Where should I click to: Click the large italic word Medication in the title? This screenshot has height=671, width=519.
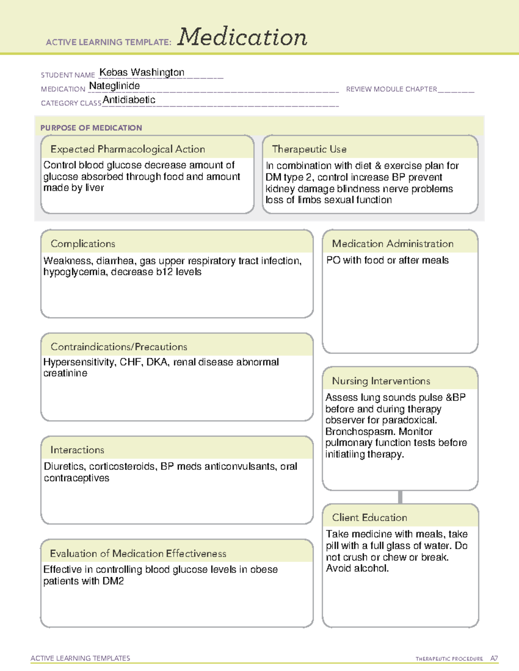coord(242,37)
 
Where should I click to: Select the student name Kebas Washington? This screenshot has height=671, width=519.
coord(142,72)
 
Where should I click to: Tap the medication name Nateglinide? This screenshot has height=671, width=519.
coord(114,86)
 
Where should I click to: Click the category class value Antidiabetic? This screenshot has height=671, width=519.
coord(129,100)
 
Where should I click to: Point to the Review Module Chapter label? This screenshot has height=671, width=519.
coord(391,89)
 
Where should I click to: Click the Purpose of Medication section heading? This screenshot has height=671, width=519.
coord(91,128)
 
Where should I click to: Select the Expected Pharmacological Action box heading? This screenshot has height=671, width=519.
coord(128,149)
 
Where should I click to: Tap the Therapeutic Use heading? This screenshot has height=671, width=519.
coord(309,149)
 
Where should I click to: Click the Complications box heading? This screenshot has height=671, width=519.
coord(83,244)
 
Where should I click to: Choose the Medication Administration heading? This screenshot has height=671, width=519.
coord(393,244)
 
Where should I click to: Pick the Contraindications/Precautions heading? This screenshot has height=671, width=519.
coord(119,347)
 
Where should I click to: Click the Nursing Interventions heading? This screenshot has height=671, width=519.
coord(381,381)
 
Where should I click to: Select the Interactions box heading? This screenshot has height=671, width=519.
coord(77,450)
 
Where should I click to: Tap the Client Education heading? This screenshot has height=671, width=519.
coord(369,517)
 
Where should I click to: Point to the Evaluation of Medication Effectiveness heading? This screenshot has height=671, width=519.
coord(138,553)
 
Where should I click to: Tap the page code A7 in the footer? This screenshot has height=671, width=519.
coord(493,658)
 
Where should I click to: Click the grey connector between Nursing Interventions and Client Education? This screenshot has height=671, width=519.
coord(400,497)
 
